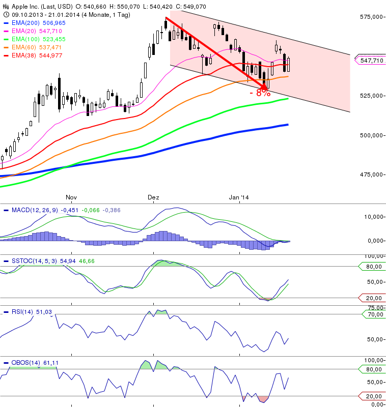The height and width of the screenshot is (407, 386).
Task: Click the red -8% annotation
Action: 260,94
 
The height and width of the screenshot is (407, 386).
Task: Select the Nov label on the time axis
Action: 71,196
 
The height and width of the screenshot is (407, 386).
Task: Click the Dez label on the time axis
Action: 153,196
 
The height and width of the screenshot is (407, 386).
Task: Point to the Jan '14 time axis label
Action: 239,196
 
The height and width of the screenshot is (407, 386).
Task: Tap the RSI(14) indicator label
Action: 23,311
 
